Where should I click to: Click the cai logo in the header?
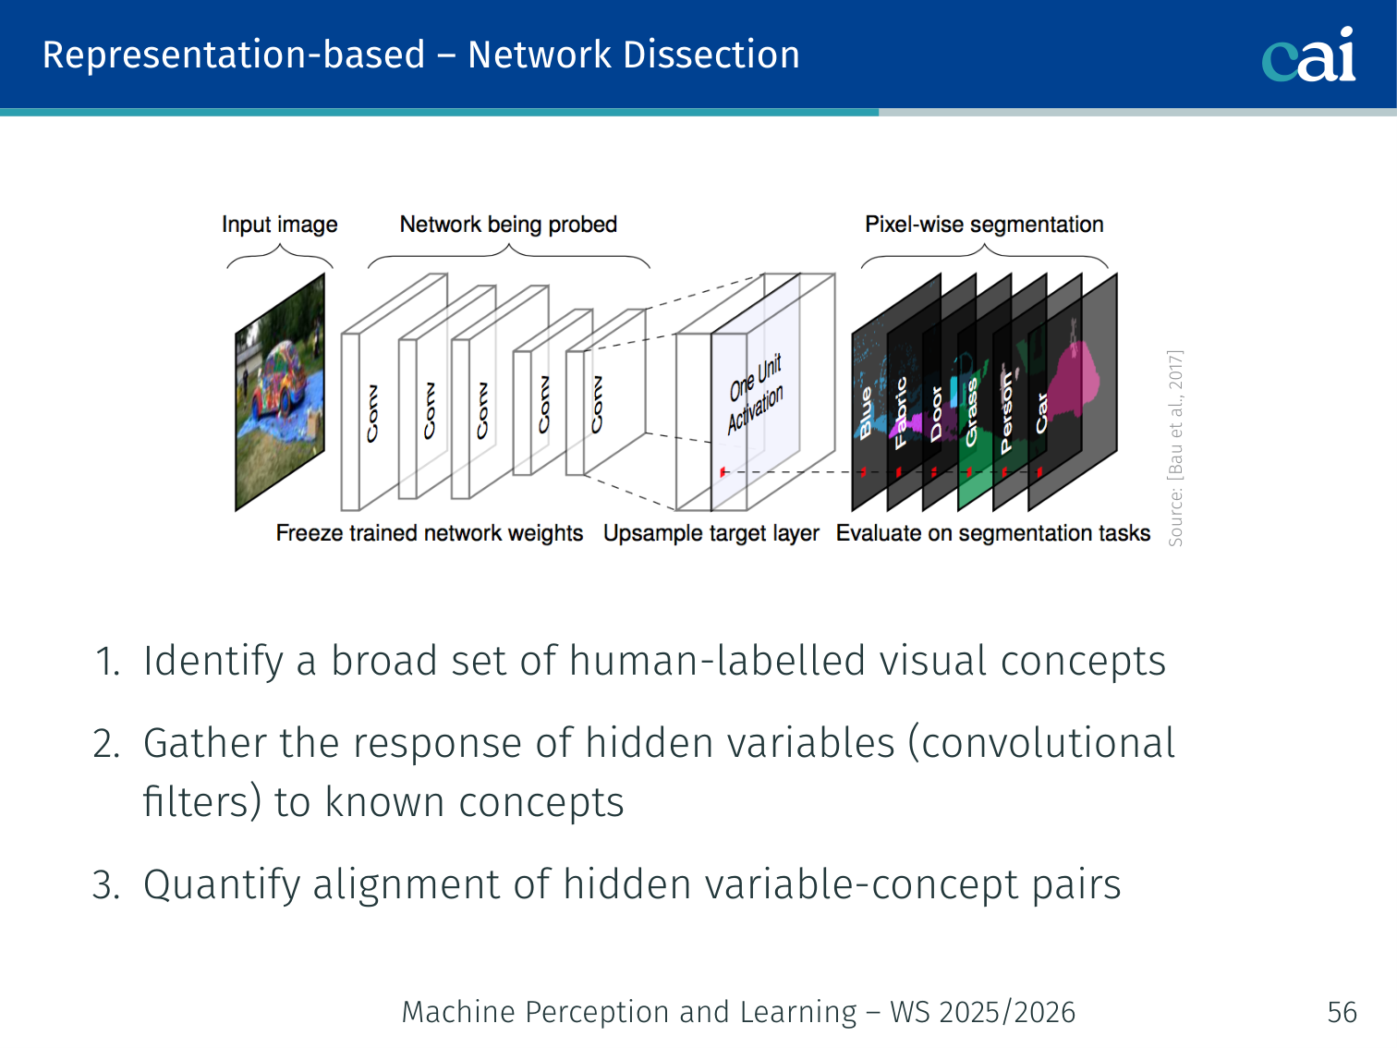[x=1308, y=55]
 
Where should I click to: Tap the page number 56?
[x=1342, y=1012]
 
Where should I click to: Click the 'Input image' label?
[x=279, y=225]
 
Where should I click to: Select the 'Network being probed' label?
[x=508, y=225]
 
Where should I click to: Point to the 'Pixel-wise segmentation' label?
[x=984, y=225]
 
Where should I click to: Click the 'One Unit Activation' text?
[x=755, y=394]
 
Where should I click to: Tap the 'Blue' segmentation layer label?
[x=866, y=412]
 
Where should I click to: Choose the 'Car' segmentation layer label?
[x=1042, y=412]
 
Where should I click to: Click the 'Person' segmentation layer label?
[x=1007, y=413]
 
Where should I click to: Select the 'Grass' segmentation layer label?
[x=971, y=413]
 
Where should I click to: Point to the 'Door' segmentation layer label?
[x=936, y=413]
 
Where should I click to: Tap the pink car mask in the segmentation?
[x=1076, y=379]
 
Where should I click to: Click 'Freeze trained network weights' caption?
[x=429, y=533]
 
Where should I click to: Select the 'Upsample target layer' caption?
[x=711, y=533]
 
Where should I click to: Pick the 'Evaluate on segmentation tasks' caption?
[x=993, y=533]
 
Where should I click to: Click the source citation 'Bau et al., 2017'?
[x=1175, y=448]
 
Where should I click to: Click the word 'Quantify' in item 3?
[x=222, y=884]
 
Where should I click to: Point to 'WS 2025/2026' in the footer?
[x=982, y=1012]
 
